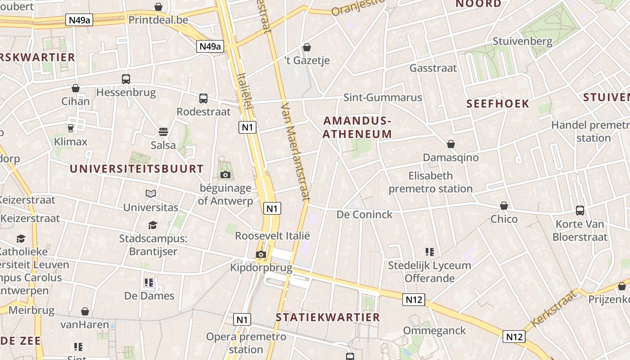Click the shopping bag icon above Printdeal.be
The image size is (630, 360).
tap(158, 7)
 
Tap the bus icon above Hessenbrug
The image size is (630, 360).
tap(126, 79)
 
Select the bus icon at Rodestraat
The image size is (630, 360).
tap(203, 98)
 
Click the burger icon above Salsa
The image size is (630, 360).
tap(163, 132)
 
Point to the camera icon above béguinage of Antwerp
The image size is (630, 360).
tap(225, 175)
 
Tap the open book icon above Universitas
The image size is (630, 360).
tap(151, 194)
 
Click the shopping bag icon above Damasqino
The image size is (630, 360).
tap(451, 144)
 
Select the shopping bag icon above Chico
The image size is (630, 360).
tap(504, 206)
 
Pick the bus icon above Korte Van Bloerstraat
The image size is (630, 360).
tap(580, 210)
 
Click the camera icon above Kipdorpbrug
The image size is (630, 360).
tap(261, 254)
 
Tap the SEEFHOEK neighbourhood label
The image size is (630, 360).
tap(498, 104)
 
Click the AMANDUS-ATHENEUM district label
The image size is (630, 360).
tap(357, 127)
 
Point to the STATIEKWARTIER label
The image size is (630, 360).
tap(328, 317)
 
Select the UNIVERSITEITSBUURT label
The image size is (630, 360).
tap(137, 169)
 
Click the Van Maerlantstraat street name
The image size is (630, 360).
tap(296, 151)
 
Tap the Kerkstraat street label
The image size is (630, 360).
tap(553, 309)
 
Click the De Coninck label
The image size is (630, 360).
tap(364, 215)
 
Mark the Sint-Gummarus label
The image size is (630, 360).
tap(382, 98)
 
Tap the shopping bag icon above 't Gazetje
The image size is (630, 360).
tap(307, 47)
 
